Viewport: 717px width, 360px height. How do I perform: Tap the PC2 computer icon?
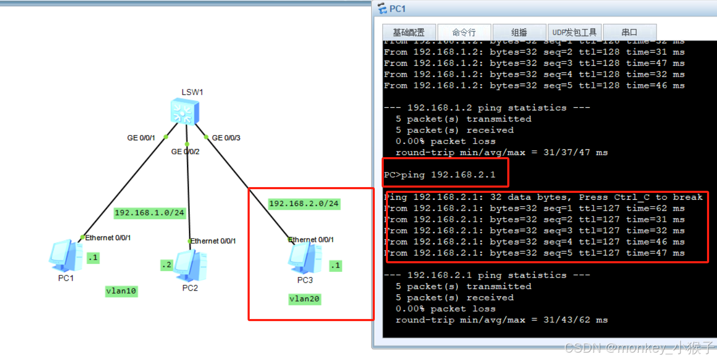190,265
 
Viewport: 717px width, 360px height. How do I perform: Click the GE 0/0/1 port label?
141,138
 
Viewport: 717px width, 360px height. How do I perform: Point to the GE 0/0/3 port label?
226,138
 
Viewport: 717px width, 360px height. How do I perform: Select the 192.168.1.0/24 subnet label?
149,213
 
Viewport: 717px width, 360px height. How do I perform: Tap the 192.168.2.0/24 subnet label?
304,204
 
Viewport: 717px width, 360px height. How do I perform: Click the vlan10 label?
121,292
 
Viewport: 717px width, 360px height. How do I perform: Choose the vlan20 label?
305,300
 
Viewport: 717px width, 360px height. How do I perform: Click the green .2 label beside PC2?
167,265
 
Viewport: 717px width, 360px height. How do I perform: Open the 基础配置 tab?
408,33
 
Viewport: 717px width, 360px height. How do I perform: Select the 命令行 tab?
464,33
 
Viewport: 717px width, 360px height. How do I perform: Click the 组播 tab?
519,33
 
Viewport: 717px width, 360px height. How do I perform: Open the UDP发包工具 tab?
574,33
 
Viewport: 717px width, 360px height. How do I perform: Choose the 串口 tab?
629,33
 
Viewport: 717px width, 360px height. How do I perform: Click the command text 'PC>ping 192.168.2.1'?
439,175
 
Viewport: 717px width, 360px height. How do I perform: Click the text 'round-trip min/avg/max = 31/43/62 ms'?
501,320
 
